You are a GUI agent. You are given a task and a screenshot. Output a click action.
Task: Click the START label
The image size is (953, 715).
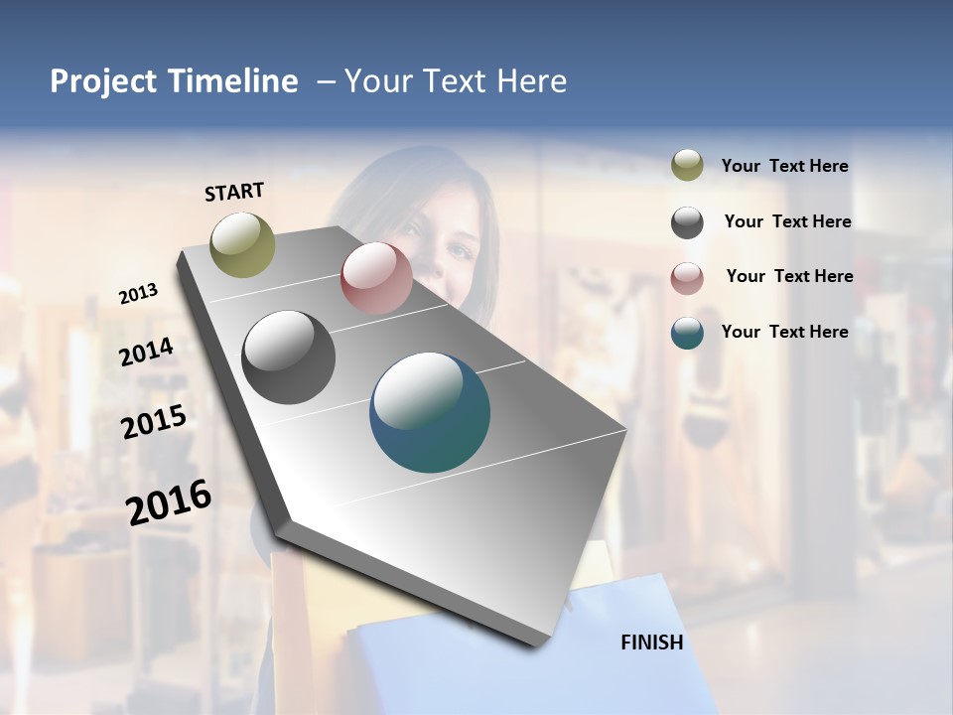tap(234, 192)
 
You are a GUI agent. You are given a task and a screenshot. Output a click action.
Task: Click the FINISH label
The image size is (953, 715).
tap(651, 643)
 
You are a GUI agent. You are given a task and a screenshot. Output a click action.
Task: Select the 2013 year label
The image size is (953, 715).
tap(139, 294)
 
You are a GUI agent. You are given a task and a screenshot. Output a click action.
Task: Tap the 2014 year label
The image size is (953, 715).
tap(146, 352)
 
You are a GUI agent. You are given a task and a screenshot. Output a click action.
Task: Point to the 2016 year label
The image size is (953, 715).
tap(169, 502)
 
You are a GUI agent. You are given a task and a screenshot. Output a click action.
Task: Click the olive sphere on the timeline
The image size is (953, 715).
tap(242, 244)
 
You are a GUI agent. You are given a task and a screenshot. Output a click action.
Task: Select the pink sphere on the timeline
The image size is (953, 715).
tap(376, 277)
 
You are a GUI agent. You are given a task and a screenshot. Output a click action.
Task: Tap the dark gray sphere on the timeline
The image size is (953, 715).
tap(288, 357)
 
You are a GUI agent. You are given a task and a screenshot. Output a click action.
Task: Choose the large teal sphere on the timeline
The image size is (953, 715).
tap(430, 412)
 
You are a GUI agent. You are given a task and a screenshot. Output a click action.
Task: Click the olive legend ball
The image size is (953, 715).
tap(687, 166)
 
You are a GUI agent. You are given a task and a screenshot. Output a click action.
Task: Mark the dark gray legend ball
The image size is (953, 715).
tap(687, 222)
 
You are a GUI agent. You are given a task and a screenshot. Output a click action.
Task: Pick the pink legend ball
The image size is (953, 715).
tap(687, 277)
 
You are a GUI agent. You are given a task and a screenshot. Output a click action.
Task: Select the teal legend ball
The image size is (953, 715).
tap(687, 333)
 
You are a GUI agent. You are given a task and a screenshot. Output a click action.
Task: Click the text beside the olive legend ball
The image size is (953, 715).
tap(784, 167)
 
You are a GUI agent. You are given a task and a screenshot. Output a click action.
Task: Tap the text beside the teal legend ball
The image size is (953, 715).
tap(784, 332)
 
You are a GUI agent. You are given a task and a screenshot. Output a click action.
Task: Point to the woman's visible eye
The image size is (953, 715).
tap(459, 249)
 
